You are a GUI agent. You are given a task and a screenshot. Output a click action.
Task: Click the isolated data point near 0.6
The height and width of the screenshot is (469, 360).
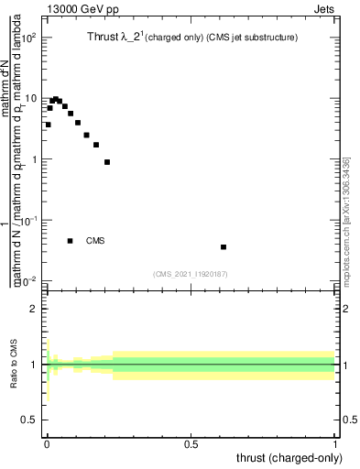(224, 247)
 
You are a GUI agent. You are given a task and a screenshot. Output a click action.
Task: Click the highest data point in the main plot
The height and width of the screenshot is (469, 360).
(55, 99)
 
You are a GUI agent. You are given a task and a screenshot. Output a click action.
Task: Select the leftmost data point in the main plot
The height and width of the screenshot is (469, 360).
(48, 125)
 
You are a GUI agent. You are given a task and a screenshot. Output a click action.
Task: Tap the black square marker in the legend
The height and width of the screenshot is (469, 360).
(71, 241)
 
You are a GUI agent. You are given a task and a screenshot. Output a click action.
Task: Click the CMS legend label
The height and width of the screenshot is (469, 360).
(95, 241)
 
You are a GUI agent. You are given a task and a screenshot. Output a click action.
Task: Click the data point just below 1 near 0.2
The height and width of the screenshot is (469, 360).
(107, 162)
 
